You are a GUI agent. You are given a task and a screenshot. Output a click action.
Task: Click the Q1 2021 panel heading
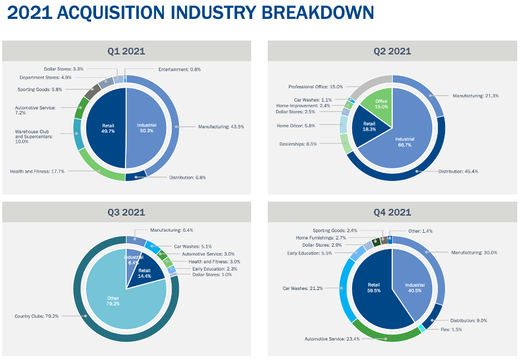[x=126, y=51]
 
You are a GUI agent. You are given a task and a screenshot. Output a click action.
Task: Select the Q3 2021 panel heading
[x=126, y=212]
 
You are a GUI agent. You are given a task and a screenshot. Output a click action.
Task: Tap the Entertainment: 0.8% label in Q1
[x=179, y=69]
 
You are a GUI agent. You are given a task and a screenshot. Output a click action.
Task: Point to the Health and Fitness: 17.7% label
[x=37, y=172]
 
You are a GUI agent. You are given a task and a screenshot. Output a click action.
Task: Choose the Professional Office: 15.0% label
[x=315, y=87]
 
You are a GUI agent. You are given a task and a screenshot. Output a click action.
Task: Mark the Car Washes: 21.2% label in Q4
[x=302, y=288]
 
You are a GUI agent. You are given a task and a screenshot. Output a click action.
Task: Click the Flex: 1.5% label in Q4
[x=450, y=329]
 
